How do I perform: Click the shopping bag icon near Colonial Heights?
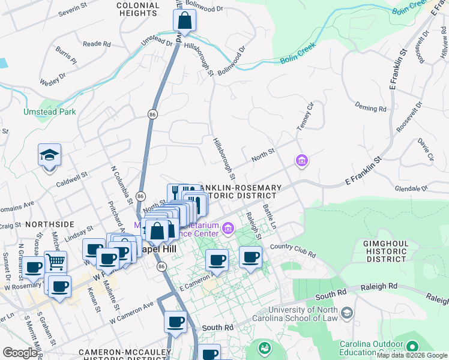coord(184,20)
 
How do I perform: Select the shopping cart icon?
coord(55,262)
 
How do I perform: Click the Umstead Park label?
coord(41,112)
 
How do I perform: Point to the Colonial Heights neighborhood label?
coord(138,9)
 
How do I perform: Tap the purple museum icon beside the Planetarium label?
coord(228,228)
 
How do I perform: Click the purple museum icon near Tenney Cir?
coord(301,160)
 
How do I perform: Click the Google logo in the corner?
coord(19,353)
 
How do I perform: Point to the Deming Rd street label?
coord(370,108)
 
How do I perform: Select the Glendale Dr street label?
coord(411,188)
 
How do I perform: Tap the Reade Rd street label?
coord(97,44)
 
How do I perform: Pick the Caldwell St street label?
coord(71,179)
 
